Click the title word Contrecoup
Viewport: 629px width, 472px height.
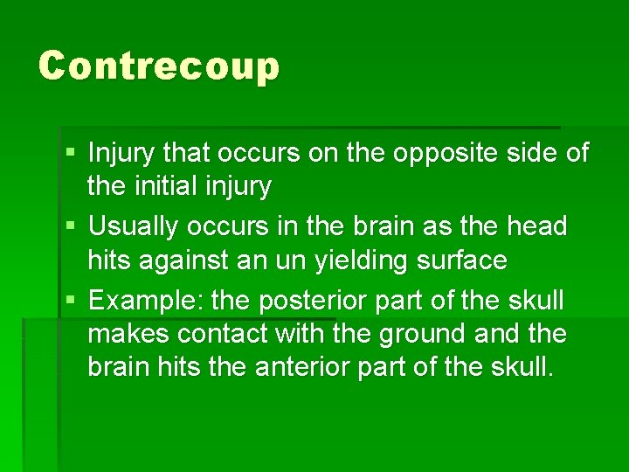(x=158, y=66)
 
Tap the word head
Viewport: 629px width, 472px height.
(x=535, y=227)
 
